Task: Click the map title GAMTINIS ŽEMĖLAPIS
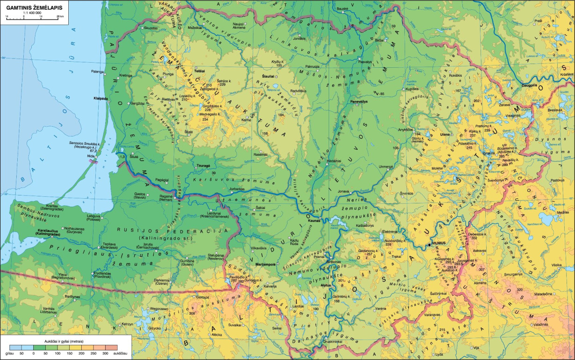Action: (x=35, y=7)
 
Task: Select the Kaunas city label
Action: (x=314, y=221)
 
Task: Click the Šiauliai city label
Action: (x=268, y=75)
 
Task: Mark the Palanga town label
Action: (x=97, y=72)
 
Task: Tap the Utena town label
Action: (x=445, y=134)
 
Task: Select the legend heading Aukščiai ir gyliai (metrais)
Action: (x=64, y=342)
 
